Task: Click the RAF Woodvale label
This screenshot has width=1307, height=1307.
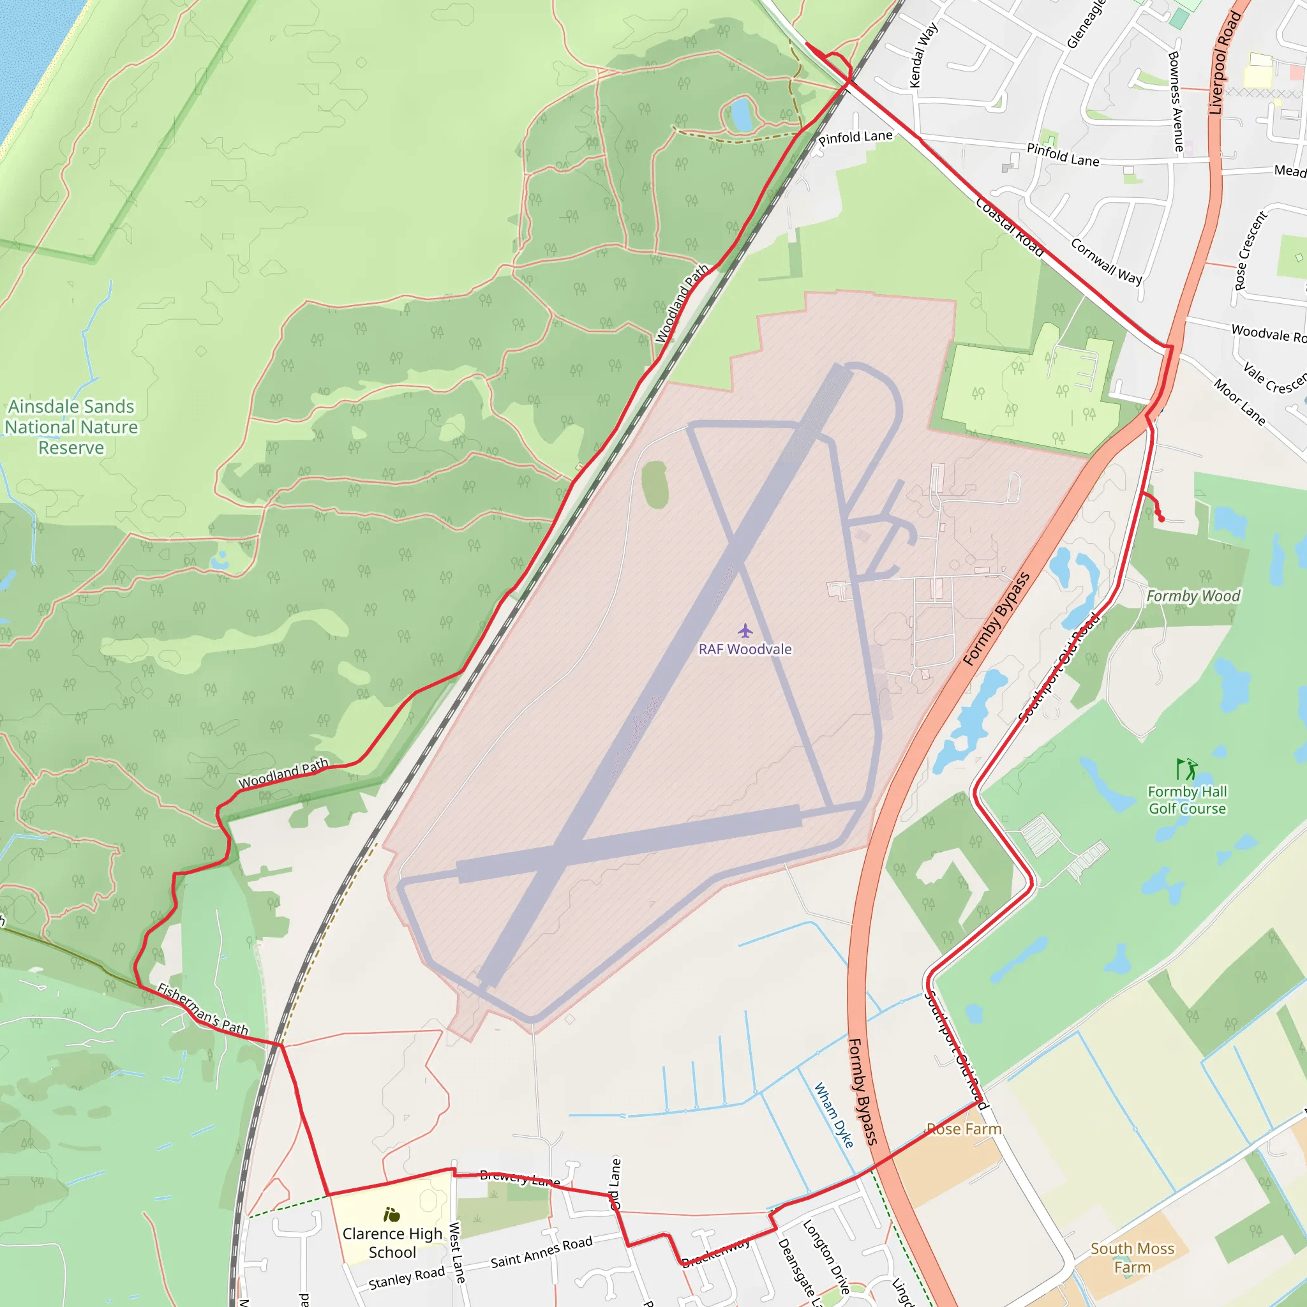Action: click(745, 650)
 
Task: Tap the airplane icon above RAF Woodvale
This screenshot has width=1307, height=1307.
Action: click(745, 631)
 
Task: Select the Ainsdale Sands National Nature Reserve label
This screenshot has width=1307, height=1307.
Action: click(71, 427)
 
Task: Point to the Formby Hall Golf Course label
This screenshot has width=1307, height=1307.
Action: click(1187, 800)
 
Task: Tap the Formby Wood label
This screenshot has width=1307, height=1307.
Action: click(1193, 596)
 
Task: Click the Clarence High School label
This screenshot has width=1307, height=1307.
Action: click(392, 1243)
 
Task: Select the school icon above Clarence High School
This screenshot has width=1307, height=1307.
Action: click(392, 1214)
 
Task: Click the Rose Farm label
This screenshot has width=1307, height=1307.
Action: click(964, 1129)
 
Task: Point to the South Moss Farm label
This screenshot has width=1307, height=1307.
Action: click(1133, 1258)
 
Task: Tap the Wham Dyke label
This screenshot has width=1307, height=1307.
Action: click(833, 1115)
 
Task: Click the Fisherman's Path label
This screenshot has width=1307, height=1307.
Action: click(203, 1010)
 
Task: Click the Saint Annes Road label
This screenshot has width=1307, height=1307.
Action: click(541, 1251)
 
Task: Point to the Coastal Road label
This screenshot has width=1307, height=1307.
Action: click(1010, 227)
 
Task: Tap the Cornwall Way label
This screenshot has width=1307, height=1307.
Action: click(1107, 261)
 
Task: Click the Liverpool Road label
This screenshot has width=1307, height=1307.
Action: click(1225, 63)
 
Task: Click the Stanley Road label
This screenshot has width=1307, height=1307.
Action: click(407, 1278)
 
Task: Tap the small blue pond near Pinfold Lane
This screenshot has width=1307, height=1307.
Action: click(742, 114)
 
